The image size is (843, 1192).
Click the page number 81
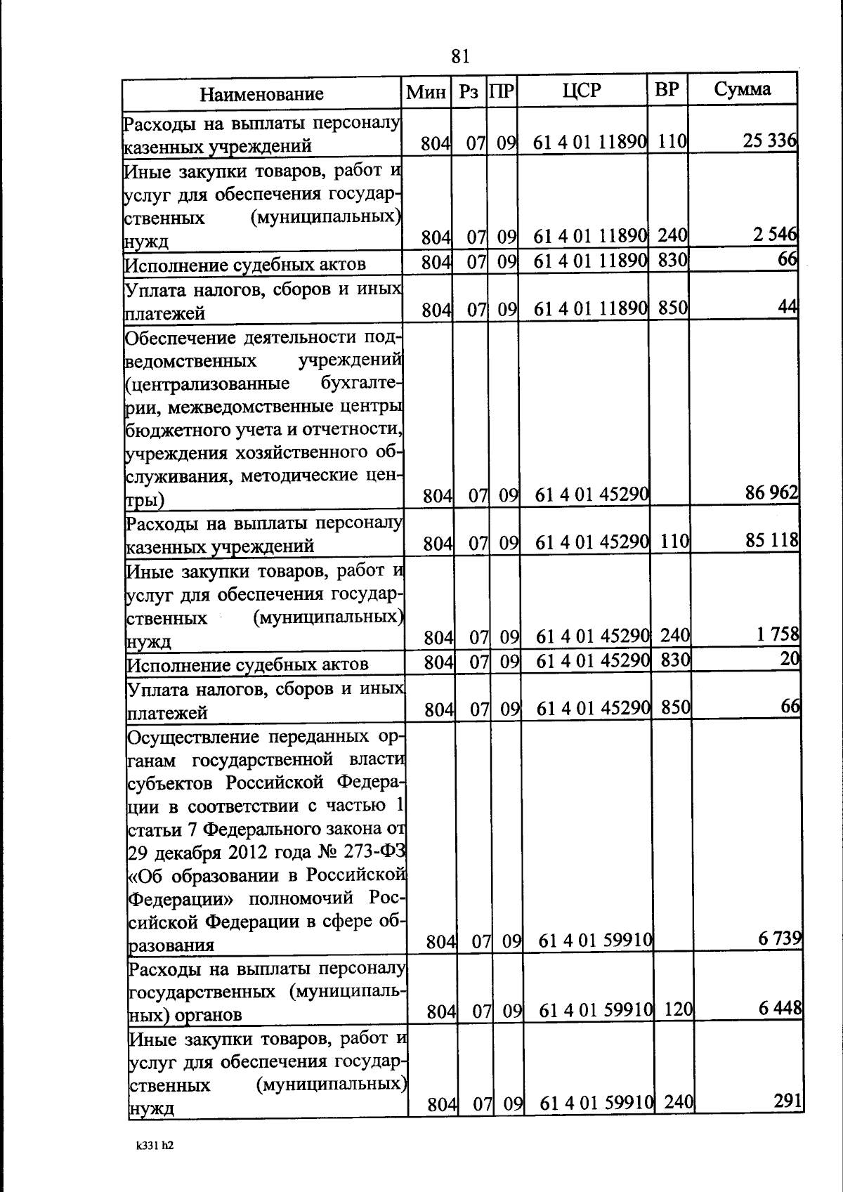pyautogui.click(x=460, y=56)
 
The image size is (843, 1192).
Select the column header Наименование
pyautogui.click(x=261, y=94)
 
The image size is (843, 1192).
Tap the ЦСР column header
pyautogui.click(x=582, y=91)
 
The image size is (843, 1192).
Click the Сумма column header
pyautogui.click(x=743, y=89)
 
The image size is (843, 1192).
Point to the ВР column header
pyautogui.click(x=667, y=90)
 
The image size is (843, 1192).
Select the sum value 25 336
pyautogui.click(x=770, y=141)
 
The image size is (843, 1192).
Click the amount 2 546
pyautogui.click(x=775, y=235)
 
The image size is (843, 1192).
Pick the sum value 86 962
pyautogui.click(x=772, y=492)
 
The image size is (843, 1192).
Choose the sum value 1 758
pyautogui.click(x=778, y=634)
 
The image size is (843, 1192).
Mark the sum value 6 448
pyautogui.click(x=780, y=1008)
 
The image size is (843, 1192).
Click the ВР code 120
pyautogui.click(x=679, y=1009)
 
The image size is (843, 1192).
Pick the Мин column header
pyautogui.click(x=426, y=92)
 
